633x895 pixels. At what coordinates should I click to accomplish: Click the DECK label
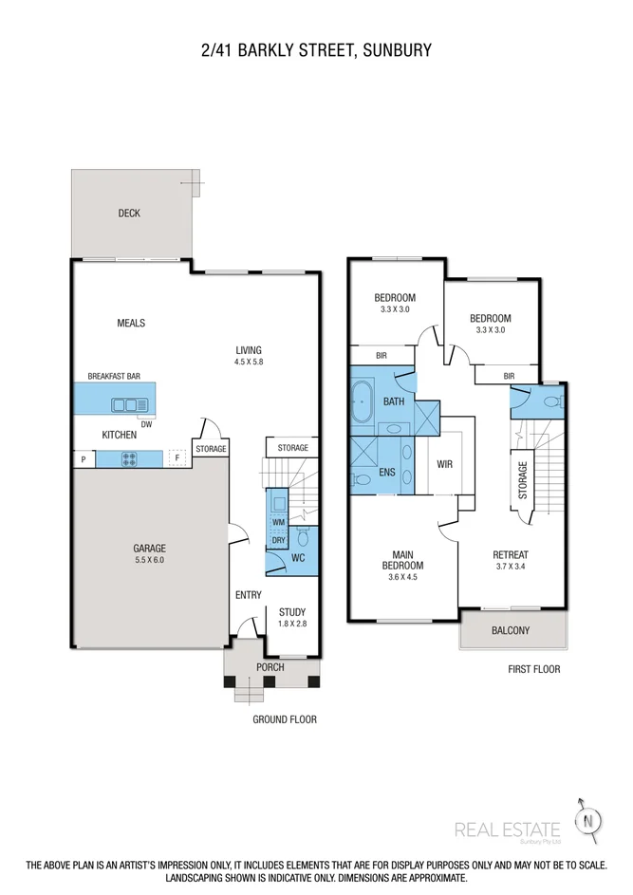[129, 213]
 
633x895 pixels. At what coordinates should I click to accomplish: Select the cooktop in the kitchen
[130, 459]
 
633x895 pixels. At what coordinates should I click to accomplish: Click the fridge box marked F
[177, 457]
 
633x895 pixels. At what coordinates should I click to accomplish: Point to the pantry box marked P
[84, 459]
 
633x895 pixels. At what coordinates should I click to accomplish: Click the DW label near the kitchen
[147, 424]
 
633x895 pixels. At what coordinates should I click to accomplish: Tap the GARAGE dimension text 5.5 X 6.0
[150, 560]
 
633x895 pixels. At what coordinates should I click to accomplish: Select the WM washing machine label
[279, 522]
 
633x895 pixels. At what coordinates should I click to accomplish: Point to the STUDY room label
[292, 612]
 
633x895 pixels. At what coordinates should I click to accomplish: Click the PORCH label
[270, 666]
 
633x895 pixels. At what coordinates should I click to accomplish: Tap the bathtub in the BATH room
[362, 401]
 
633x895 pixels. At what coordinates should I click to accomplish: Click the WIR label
[445, 464]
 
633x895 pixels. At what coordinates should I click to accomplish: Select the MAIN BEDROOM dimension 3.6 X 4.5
[403, 577]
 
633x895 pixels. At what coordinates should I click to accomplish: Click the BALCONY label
[511, 630]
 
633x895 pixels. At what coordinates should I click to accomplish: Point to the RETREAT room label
[511, 555]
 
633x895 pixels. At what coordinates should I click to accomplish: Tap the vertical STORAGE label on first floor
[523, 480]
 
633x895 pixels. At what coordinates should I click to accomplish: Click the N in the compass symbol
[587, 823]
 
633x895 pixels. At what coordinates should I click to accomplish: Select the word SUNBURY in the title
[398, 50]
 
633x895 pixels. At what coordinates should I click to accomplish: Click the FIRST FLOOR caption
[534, 669]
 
